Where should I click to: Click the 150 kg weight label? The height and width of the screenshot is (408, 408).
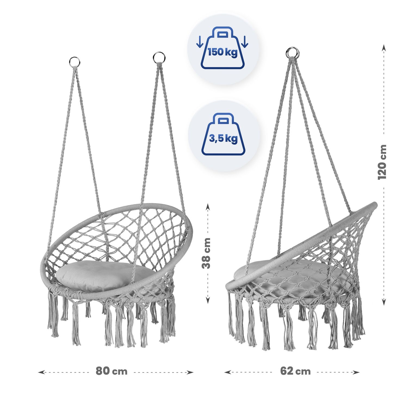click(x=223, y=52)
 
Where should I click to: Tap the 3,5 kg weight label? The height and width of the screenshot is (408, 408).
click(x=223, y=139)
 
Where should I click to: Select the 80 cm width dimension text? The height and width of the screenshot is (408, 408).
click(x=112, y=371)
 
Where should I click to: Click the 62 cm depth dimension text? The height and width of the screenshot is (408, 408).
click(x=295, y=371)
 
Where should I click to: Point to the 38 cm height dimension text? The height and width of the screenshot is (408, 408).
click(x=206, y=253)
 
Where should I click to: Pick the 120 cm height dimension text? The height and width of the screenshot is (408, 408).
click(x=382, y=162)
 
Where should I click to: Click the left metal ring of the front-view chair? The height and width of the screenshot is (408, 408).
click(x=75, y=62)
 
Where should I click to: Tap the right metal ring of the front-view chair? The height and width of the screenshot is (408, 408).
click(x=159, y=58)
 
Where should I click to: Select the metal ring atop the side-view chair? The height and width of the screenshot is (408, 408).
click(x=292, y=52)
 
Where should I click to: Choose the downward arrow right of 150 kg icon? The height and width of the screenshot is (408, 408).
click(x=245, y=42)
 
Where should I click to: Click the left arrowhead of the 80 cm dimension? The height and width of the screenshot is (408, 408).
click(x=41, y=372)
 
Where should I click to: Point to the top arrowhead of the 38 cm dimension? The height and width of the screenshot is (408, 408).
click(x=208, y=207)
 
